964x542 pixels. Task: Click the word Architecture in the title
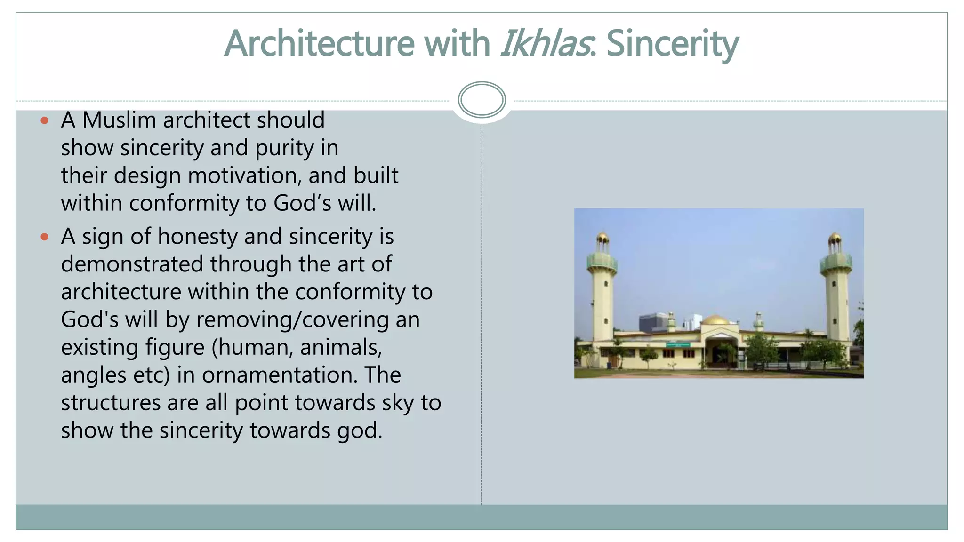tap(319, 43)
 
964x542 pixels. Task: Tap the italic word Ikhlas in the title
tap(545, 43)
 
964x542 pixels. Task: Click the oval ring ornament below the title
tap(482, 100)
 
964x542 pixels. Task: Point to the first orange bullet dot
tap(45, 120)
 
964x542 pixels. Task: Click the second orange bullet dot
tap(45, 237)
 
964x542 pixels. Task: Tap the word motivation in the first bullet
tap(244, 175)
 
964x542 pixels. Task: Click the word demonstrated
tap(132, 264)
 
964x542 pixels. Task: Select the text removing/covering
tap(292, 319)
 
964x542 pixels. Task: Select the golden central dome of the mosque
tap(715, 320)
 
